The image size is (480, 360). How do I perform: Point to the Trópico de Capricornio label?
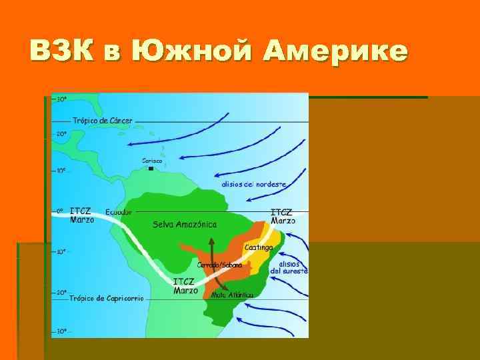106,298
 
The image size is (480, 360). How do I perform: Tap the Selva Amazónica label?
185,225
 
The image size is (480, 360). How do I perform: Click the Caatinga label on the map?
259,247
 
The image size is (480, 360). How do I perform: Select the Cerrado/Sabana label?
219,264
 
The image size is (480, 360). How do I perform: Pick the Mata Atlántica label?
232,294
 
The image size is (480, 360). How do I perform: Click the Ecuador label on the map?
119,211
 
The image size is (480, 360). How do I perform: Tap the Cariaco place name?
152,160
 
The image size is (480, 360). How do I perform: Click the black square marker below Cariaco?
151,169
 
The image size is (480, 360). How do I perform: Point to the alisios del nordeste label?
254,183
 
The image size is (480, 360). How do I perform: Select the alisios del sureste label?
289,267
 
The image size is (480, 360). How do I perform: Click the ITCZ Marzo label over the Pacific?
82,215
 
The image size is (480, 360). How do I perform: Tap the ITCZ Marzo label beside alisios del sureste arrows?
282,216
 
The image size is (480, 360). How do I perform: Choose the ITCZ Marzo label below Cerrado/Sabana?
185,285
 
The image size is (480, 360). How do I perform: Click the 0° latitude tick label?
59,211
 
